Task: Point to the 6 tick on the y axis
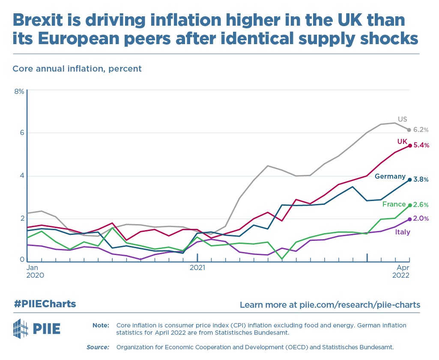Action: tap(21, 133)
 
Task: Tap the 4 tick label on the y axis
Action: tap(21, 176)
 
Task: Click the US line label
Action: tap(402, 119)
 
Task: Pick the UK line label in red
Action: tap(402, 141)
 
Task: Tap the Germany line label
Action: tap(390, 176)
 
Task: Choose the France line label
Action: tap(394, 204)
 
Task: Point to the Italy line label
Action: tap(402, 232)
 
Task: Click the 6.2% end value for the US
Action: tap(421, 130)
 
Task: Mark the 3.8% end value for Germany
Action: tap(421, 180)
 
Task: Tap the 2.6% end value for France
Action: tap(421, 205)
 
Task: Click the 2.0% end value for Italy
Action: tap(421, 219)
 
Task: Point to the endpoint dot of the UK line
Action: tap(410, 146)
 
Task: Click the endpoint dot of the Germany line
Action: tap(410, 180)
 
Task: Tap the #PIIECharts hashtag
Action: tap(45, 304)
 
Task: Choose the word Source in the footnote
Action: tap(98, 347)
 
